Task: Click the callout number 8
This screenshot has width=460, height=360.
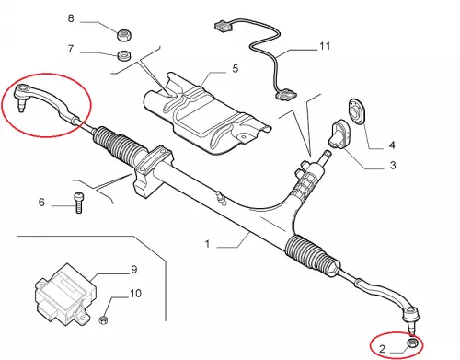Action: point(71,18)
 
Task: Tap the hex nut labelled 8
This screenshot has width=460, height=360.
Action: point(124,35)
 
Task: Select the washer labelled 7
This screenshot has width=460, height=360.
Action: point(124,55)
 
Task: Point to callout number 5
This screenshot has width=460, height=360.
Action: point(236,68)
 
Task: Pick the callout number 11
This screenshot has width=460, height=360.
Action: point(325,46)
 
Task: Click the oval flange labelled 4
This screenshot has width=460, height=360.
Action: point(357,110)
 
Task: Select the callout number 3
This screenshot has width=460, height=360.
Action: point(393,165)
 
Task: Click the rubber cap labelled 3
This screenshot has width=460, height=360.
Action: point(339,134)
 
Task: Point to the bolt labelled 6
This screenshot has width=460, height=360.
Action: point(78,203)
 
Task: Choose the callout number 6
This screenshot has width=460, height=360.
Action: point(41,202)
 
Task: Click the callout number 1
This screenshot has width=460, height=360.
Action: point(208,244)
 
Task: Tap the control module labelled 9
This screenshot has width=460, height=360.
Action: point(65,295)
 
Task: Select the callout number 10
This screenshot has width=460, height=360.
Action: point(135,294)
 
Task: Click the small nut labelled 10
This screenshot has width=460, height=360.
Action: point(103,319)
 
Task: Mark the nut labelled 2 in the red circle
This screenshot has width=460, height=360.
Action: point(412,343)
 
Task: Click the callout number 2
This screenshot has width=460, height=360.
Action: point(382,349)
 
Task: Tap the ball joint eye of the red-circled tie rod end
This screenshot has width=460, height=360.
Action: point(22,89)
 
